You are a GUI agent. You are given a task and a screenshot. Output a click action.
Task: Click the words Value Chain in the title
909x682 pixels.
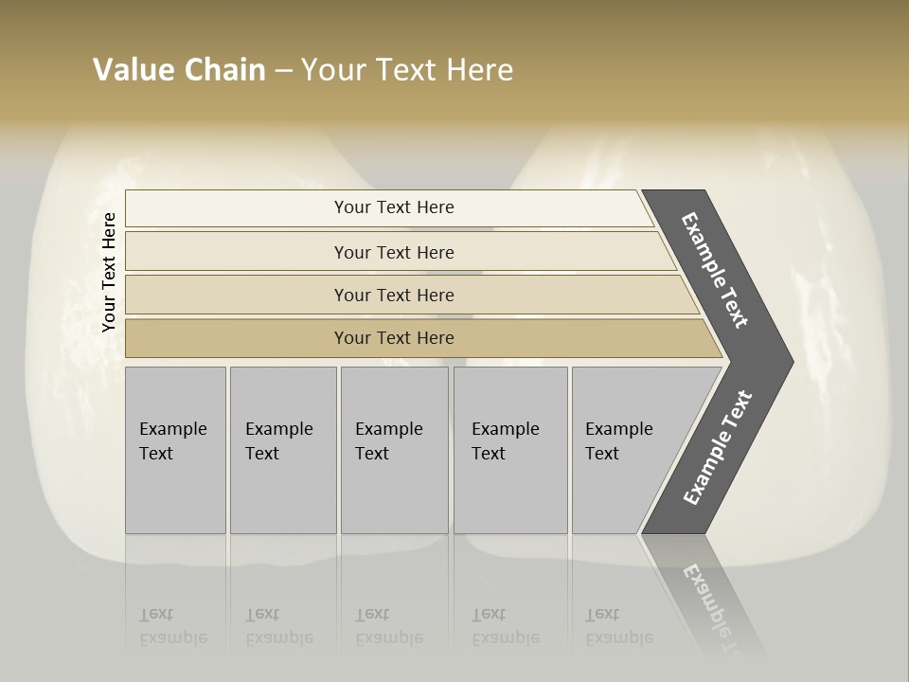click(179, 70)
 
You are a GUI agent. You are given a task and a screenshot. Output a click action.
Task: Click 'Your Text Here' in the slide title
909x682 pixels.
click(407, 70)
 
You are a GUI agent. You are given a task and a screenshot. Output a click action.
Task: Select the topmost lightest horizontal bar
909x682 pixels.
click(237, 208)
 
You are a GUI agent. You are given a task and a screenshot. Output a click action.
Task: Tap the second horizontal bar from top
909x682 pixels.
click(237, 252)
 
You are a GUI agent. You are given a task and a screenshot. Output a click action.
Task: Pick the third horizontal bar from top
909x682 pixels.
click(237, 295)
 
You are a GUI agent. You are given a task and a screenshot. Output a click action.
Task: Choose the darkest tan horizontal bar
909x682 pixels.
click(237, 338)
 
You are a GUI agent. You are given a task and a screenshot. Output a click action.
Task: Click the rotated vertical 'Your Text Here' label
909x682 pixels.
click(109, 273)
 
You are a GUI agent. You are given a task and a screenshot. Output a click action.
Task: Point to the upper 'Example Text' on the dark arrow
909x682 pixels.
click(715, 270)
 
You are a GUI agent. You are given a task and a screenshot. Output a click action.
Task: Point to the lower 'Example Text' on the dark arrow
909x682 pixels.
click(717, 447)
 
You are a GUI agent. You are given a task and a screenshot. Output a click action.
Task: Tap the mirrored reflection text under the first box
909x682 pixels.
click(172, 627)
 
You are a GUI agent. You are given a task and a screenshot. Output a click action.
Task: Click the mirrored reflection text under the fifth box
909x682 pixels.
click(618, 627)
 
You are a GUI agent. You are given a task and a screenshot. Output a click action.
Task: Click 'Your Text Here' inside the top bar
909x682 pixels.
click(394, 207)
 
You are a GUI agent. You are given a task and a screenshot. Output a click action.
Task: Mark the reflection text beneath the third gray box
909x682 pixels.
click(388, 627)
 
